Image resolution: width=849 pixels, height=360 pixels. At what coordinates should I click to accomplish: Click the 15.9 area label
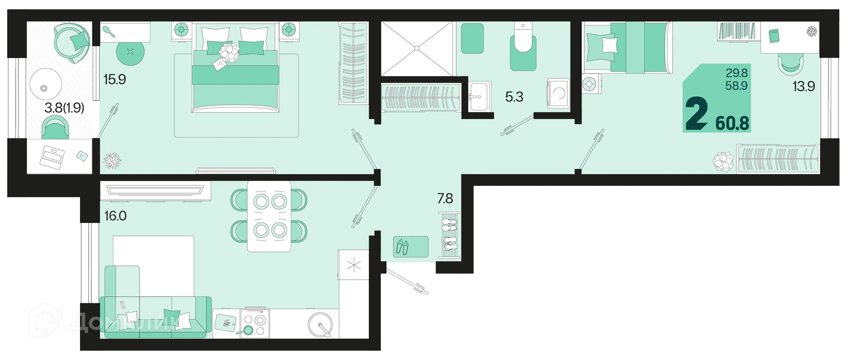tap(115, 80)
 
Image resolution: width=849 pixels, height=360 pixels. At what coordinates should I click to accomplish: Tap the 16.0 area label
tap(115, 216)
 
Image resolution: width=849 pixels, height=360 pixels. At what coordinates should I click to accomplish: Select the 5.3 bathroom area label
tap(514, 97)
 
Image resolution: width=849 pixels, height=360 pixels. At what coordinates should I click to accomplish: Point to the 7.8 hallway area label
tap(445, 199)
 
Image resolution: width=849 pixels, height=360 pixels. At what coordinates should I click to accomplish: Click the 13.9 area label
tap(803, 86)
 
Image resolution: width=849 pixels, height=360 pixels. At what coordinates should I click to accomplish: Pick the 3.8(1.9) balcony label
tap(64, 107)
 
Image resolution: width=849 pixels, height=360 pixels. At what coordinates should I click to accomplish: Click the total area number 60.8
tap(732, 123)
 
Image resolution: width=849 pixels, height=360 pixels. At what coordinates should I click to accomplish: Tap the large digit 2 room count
tap(696, 114)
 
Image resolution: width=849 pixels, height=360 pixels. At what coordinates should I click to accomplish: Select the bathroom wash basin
tap(479, 96)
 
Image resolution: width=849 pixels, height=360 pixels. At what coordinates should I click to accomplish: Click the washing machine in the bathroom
tap(558, 93)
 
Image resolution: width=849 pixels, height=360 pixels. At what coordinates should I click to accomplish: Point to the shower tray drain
tap(417, 48)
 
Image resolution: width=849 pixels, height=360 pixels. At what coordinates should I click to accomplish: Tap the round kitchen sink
tap(320, 326)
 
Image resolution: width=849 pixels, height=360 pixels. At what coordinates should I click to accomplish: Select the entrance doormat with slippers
tap(411, 247)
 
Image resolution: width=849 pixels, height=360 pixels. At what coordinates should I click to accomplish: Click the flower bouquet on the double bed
tap(229, 53)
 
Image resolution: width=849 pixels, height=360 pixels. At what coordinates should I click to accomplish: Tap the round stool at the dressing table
tap(130, 52)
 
